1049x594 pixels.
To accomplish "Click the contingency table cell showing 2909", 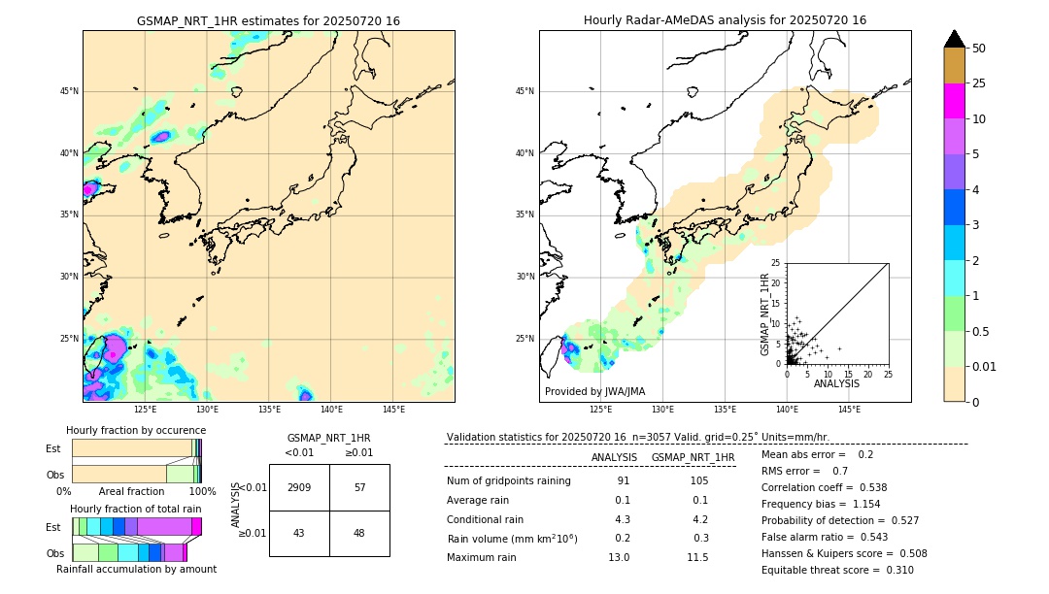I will (299, 487).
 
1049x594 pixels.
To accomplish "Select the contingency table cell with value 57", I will (359, 487).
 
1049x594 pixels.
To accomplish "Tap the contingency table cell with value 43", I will (299, 533).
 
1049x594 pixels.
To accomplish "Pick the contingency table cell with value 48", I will (359, 533).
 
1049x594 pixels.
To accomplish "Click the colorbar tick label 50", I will (979, 49).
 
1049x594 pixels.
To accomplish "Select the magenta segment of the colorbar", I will (954, 101).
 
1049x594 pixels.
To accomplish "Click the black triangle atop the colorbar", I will (954, 39).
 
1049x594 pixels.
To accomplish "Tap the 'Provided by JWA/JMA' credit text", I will (594, 392).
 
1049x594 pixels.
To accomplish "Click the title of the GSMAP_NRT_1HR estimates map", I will (268, 20).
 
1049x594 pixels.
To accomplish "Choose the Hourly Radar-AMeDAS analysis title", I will (725, 20).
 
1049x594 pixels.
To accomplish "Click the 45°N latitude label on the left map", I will (69, 91).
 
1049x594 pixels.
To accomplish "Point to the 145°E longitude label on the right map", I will (849, 410).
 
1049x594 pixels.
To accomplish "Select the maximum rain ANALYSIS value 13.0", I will (619, 557).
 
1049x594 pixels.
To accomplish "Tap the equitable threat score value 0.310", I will (893, 570).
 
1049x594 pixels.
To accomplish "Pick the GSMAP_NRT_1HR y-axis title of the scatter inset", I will (764, 313).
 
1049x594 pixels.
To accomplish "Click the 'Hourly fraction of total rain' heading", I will (135, 509).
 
